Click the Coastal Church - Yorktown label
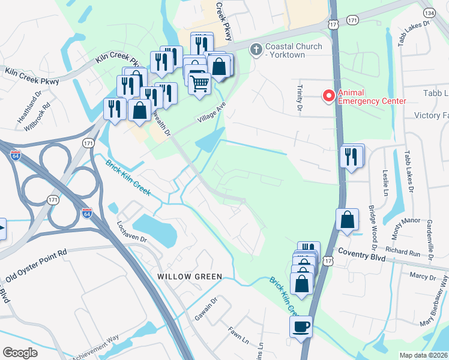[293, 50]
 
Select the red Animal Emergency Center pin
[328, 95]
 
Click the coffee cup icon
[301, 327]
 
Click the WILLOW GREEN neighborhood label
[190, 277]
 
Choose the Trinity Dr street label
[298, 98]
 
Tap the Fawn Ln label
[238, 336]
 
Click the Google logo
[20, 353]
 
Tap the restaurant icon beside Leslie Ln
[350, 157]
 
